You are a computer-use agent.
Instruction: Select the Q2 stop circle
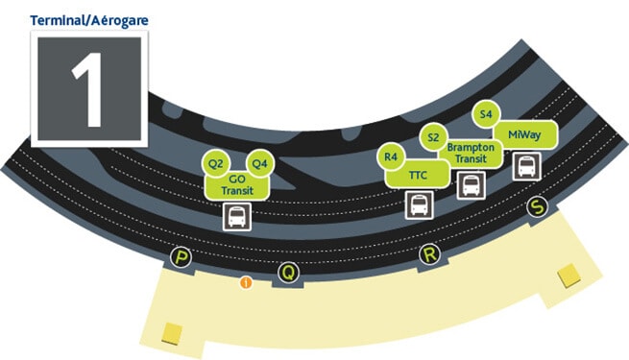pos(216,163)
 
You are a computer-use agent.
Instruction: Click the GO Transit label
pos(237,185)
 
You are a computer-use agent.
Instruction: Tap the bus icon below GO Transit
pos(237,216)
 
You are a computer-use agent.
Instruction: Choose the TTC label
pos(418,176)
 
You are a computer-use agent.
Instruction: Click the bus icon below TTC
pos(419,204)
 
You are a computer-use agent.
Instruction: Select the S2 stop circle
pos(433,137)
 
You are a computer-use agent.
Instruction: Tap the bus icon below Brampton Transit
pos(470,184)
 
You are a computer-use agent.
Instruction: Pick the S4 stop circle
pos(486,113)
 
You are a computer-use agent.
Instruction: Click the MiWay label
pos(524,135)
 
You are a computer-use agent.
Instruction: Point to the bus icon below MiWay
pos(526,166)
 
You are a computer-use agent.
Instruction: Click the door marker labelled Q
pos(286,273)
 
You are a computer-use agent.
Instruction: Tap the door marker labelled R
pos(429,254)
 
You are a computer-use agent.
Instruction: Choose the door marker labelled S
pos(537,207)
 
